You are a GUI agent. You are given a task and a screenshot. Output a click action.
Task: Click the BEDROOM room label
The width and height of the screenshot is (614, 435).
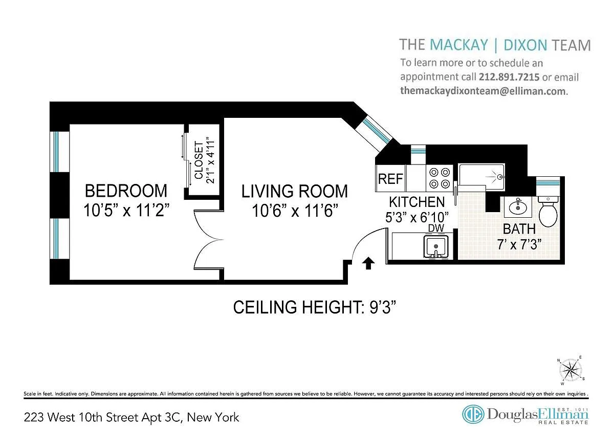(126, 191)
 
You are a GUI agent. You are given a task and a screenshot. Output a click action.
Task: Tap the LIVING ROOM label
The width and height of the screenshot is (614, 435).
(294, 191)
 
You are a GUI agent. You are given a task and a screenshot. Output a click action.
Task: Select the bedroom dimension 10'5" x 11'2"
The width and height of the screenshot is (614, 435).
(126, 210)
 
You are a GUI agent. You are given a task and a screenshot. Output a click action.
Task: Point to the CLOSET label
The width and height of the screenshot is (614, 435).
(199, 160)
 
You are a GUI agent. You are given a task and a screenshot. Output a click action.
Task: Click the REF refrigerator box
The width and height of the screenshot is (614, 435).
(390, 178)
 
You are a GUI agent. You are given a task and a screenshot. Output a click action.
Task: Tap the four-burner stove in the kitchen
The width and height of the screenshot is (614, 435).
(440, 178)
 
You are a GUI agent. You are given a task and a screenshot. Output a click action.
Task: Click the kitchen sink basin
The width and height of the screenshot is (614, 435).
(436, 246)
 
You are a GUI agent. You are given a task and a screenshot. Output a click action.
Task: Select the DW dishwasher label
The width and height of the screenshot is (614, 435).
(436, 228)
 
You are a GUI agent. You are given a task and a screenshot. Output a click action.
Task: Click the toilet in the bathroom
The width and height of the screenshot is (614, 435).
(548, 211)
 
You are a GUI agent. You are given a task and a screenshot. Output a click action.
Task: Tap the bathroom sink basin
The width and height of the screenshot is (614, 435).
(518, 207)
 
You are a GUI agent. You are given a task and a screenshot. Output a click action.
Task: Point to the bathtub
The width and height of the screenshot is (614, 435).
(481, 178)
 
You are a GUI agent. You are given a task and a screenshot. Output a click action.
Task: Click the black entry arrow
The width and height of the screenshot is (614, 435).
(368, 263)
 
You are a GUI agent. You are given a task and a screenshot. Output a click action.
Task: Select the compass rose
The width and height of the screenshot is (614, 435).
(571, 370)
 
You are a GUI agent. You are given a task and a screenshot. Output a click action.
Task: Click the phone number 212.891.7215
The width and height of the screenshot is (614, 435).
(509, 77)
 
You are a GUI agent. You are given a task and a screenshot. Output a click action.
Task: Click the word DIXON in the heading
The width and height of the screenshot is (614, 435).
(525, 45)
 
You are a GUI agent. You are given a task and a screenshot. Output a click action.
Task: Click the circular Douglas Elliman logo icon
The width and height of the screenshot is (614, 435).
(473, 414)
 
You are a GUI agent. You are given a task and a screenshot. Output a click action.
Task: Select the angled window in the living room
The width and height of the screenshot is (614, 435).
(377, 131)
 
